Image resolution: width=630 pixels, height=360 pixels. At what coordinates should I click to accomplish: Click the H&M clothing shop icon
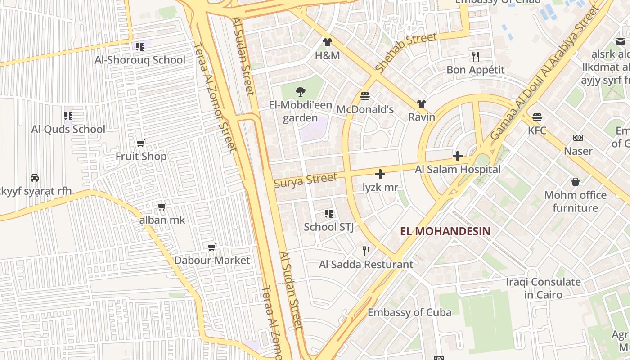pos(327,42)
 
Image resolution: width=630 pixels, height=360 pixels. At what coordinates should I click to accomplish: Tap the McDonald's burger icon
pos(365,96)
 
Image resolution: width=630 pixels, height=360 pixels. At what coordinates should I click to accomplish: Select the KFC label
pos(537,130)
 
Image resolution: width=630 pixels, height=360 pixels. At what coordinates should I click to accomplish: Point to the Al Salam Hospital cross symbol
pos(458,156)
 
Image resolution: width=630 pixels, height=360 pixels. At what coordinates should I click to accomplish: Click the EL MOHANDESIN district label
pos(445,232)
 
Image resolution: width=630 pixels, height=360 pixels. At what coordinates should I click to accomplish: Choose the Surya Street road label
pos(306,180)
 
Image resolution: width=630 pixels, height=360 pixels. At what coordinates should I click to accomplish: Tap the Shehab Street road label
pos(406,53)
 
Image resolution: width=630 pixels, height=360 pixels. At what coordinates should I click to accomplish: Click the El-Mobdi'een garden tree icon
pos(300,92)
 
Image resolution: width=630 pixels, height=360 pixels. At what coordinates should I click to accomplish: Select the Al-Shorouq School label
pos(140,60)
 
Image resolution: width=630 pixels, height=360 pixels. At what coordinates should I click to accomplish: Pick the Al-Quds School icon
pos(68,116)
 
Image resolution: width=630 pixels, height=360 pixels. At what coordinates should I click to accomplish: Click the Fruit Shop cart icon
pos(141,144)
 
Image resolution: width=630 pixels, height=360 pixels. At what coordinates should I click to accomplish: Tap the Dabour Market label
pos(212,260)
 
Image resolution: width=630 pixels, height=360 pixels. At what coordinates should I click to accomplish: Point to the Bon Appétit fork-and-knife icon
pos(476,56)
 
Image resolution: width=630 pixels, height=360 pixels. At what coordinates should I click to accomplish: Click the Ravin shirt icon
pos(421,104)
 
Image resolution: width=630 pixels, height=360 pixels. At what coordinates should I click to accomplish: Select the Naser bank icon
pos(578,137)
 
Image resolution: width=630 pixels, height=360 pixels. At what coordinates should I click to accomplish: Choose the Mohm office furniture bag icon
pos(575,182)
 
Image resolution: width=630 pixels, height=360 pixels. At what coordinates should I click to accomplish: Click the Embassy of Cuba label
pos(409,312)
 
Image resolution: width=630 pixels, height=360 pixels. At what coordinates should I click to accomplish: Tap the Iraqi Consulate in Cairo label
pos(543,288)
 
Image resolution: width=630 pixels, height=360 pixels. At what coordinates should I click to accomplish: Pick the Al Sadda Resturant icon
pos(366,251)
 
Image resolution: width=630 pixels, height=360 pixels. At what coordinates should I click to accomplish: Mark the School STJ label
pos(328,227)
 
